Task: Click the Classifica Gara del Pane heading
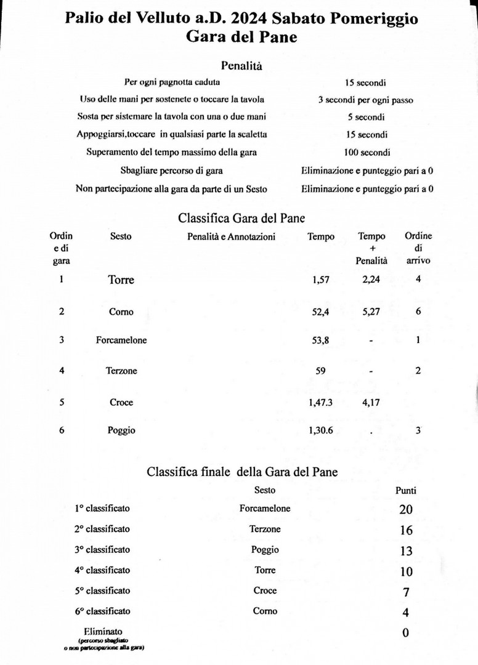point(241,217)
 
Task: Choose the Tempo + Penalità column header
point(371,248)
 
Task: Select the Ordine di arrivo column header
point(418,248)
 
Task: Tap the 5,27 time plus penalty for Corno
point(371,312)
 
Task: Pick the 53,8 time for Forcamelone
point(322,340)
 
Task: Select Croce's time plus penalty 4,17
point(371,402)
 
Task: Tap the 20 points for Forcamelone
point(406,510)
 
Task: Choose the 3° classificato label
point(102,549)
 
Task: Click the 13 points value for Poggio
point(406,550)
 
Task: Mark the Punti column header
point(405,491)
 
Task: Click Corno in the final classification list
point(265,611)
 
